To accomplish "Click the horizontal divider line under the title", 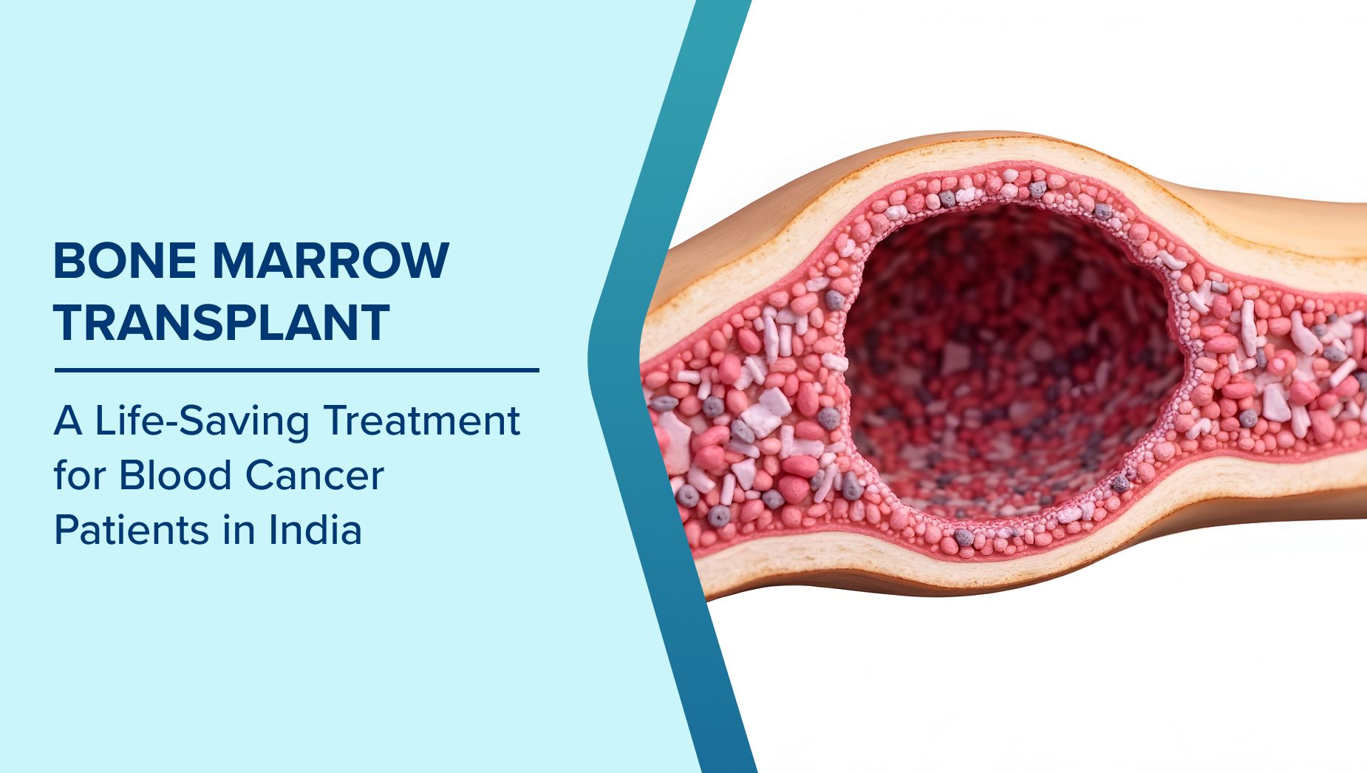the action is coord(297,370).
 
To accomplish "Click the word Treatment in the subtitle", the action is coord(422,420).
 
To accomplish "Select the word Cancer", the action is coord(314,475).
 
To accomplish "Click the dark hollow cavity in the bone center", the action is coord(1012,355).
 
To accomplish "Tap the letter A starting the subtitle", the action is coord(68,421).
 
